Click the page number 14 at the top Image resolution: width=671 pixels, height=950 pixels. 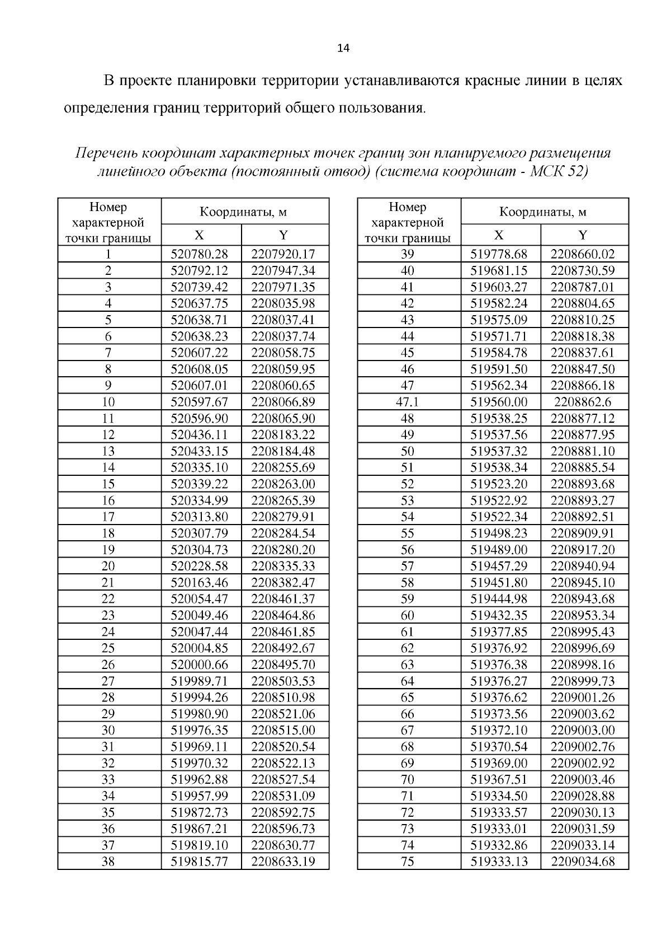point(343,49)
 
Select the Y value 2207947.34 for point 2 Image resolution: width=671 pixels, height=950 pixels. point(283,271)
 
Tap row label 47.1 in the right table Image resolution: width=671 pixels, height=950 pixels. point(407,402)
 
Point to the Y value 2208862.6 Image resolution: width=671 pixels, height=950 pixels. point(582,402)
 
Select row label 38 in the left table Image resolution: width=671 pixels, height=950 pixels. point(108,862)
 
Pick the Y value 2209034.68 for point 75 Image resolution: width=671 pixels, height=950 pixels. point(582,862)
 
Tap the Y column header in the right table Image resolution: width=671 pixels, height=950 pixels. point(582,235)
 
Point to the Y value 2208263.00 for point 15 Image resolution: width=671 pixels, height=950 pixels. point(283,484)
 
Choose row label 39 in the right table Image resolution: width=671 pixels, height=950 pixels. point(407,254)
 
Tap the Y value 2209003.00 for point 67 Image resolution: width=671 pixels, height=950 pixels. point(582,731)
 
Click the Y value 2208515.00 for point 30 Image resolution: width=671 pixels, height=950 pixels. point(283,731)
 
